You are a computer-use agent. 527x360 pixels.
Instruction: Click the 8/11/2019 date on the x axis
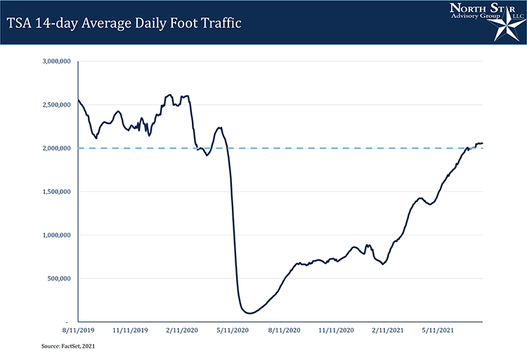click(x=77, y=329)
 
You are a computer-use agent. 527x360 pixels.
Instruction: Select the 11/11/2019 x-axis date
click(x=131, y=329)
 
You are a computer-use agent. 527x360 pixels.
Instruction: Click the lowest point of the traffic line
click(x=250, y=313)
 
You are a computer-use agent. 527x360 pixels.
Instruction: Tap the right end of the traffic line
click(x=483, y=143)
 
